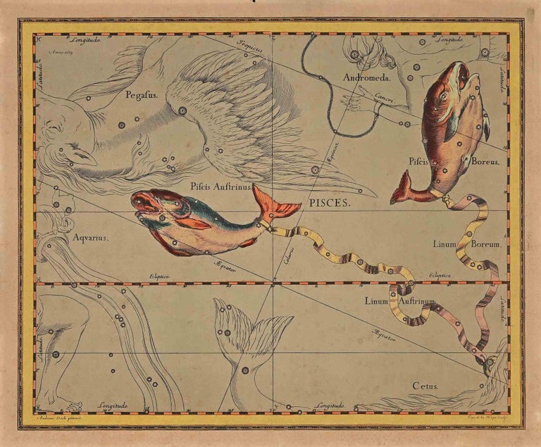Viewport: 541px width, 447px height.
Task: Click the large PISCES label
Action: (330, 201)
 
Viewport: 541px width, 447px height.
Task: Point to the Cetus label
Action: (425, 386)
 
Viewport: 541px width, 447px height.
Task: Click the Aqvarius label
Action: (90, 238)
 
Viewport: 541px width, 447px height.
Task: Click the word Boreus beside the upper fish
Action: (485, 161)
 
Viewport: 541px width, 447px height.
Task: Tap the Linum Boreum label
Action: (457, 244)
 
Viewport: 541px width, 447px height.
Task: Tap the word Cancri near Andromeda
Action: (383, 98)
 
